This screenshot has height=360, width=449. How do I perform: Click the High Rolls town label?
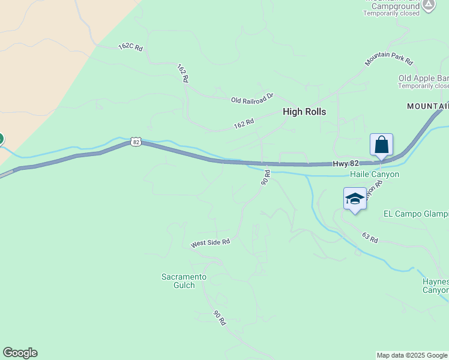(x=304, y=112)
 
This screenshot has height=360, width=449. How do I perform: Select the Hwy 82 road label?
(x=345, y=164)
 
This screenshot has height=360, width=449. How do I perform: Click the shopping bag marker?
(x=381, y=145)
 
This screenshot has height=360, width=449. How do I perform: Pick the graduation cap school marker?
(x=355, y=199)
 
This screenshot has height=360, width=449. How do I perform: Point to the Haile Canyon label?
(x=375, y=175)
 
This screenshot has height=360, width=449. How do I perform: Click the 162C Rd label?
(x=131, y=47)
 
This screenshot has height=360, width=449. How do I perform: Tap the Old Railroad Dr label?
(x=252, y=98)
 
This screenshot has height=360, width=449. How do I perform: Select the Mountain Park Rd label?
(x=389, y=58)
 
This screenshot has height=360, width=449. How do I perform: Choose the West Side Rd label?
(x=211, y=243)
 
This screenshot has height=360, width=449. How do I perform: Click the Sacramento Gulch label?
(x=184, y=281)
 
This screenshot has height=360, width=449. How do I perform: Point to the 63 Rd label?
(x=370, y=238)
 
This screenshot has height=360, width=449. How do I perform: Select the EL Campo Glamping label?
(x=416, y=214)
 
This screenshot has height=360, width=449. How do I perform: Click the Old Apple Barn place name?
(x=423, y=78)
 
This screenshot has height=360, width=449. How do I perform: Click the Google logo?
(x=20, y=353)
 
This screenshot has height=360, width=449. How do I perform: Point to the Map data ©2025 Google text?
(x=411, y=355)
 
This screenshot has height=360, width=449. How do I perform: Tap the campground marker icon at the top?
(x=428, y=5)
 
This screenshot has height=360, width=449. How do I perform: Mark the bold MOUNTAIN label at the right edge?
(x=427, y=106)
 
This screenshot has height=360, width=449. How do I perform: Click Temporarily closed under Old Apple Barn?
(x=423, y=86)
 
